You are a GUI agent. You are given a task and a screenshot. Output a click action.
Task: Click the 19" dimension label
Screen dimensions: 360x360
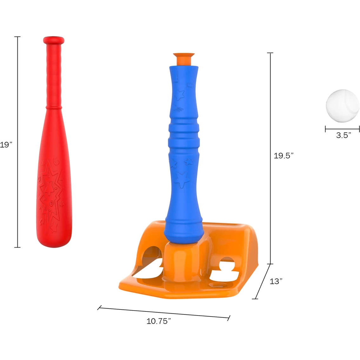[x=6, y=145]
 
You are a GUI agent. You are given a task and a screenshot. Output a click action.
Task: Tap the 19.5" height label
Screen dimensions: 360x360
[x=283, y=156]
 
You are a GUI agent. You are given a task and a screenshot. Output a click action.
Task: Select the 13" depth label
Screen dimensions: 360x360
[x=276, y=281]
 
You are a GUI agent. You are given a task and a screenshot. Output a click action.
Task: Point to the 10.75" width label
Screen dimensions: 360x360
[x=159, y=321]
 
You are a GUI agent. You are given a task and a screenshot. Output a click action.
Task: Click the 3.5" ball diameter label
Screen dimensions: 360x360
[x=344, y=135]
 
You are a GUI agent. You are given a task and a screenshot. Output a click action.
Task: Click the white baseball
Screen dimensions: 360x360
[x=343, y=106]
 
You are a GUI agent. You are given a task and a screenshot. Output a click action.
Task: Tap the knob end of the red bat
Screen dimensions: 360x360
[x=54, y=40]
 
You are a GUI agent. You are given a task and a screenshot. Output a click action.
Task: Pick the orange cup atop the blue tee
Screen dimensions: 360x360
[x=184, y=59]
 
